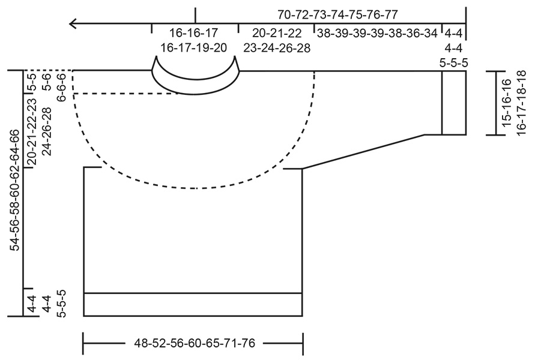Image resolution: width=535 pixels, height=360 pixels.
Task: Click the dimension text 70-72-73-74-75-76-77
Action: click(x=337, y=14)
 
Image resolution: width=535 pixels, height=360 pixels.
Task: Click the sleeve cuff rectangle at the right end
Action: click(x=454, y=103)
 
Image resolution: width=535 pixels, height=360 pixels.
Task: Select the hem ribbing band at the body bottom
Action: click(x=193, y=304)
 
